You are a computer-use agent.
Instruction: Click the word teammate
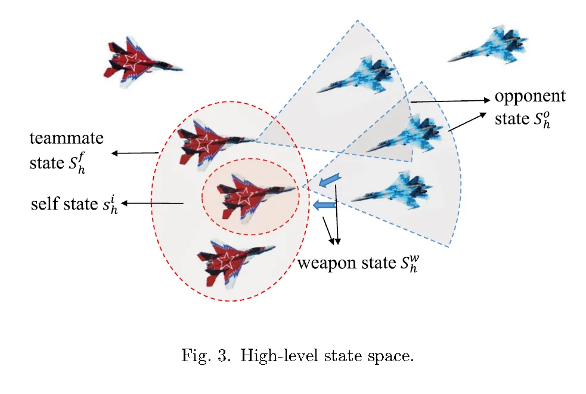coord(67,139)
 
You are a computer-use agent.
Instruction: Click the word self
coord(45,204)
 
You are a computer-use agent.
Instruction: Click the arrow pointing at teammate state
coord(135,153)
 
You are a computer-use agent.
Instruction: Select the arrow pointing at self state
coord(152,204)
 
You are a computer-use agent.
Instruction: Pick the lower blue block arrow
coord(324,206)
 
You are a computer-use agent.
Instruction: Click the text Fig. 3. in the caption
coord(203,356)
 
